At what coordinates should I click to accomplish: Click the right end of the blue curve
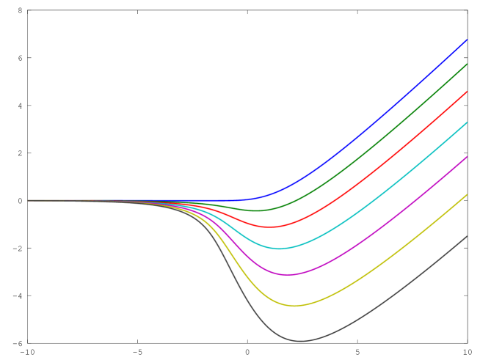466,40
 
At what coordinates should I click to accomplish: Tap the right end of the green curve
466,65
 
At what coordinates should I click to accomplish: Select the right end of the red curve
466,92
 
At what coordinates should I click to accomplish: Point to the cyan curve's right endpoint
466,122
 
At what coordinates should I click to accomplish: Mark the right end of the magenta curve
466,157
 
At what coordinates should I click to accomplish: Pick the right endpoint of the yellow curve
466,195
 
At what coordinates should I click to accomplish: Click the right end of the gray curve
466,237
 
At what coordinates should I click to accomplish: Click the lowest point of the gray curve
299,341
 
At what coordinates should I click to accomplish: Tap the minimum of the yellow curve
295,306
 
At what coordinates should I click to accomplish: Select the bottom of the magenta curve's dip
288,274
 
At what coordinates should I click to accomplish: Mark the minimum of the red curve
270,227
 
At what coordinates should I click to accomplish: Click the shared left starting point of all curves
29,200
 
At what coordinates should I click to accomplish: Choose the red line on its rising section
382,166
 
